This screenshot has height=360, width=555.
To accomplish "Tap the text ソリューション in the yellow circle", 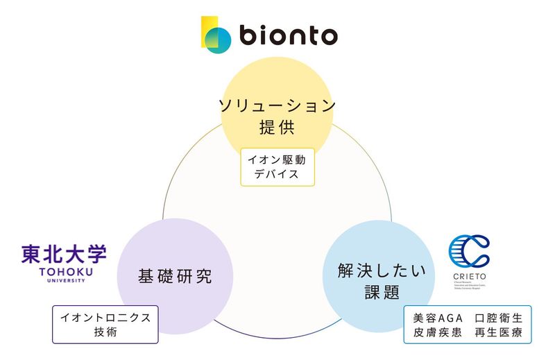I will pos(277,106).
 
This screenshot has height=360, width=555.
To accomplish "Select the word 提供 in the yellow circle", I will pos(277,128).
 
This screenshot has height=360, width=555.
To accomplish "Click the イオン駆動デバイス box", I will pos(277,166).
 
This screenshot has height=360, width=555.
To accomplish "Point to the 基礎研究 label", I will pos(174,276).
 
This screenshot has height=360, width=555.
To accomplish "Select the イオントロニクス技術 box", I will pos(105,324).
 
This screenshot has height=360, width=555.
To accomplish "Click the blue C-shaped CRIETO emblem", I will pos(469,254).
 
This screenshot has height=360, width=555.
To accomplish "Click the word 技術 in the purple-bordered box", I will pos(105,332).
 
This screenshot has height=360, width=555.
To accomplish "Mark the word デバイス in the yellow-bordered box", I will pos(277,174).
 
